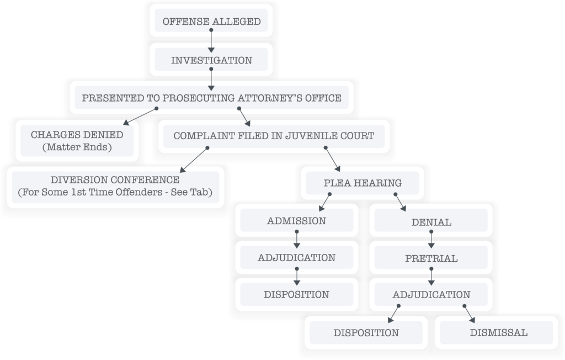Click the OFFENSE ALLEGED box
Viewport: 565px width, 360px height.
pos(211,20)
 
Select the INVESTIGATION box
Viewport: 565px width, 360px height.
pos(211,60)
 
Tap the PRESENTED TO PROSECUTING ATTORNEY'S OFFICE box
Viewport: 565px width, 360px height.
pos(211,97)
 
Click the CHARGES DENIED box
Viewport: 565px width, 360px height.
pos(77,141)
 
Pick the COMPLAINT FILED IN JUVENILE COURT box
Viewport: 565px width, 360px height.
pos(274,136)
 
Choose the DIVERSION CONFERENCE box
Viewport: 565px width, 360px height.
pos(115,187)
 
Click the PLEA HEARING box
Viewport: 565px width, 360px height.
pos(363,183)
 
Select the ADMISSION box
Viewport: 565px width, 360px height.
pos(296,220)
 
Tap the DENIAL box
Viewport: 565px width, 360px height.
pos(431,220)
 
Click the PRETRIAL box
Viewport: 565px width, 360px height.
pos(431,257)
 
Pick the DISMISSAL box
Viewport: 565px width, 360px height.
pos(497,332)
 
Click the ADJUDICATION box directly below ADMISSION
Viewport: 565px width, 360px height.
pos(296,257)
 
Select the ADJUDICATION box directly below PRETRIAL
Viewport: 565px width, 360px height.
pos(431,294)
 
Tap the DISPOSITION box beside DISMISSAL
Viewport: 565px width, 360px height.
pos(366,332)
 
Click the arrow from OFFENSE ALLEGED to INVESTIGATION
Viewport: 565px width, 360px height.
pos(211,41)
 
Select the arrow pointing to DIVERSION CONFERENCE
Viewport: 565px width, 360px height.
pos(194,160)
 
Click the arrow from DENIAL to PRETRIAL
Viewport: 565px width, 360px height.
pos(431,240)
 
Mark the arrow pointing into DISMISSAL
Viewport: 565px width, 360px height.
pos(470,314)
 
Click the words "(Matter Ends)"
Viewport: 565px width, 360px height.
pos(77,147)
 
